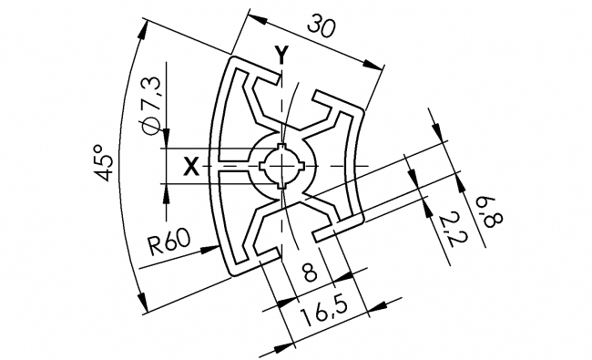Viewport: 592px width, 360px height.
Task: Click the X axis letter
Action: point(190,166)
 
